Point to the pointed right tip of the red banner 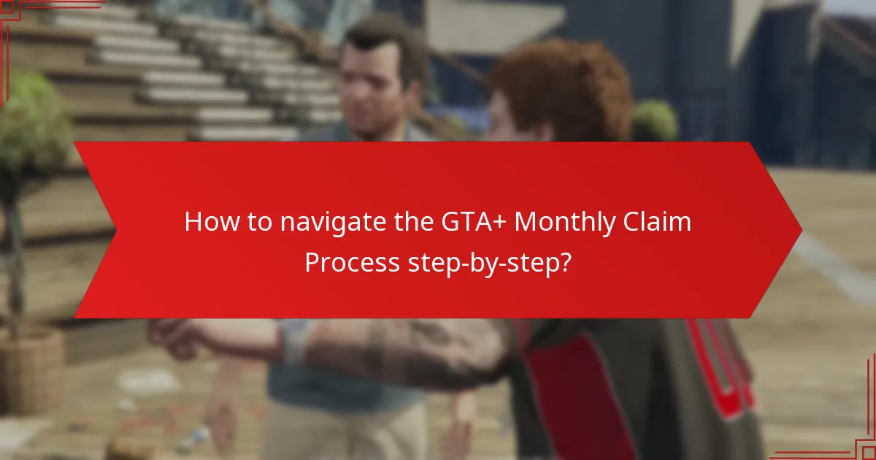(800, 230)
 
